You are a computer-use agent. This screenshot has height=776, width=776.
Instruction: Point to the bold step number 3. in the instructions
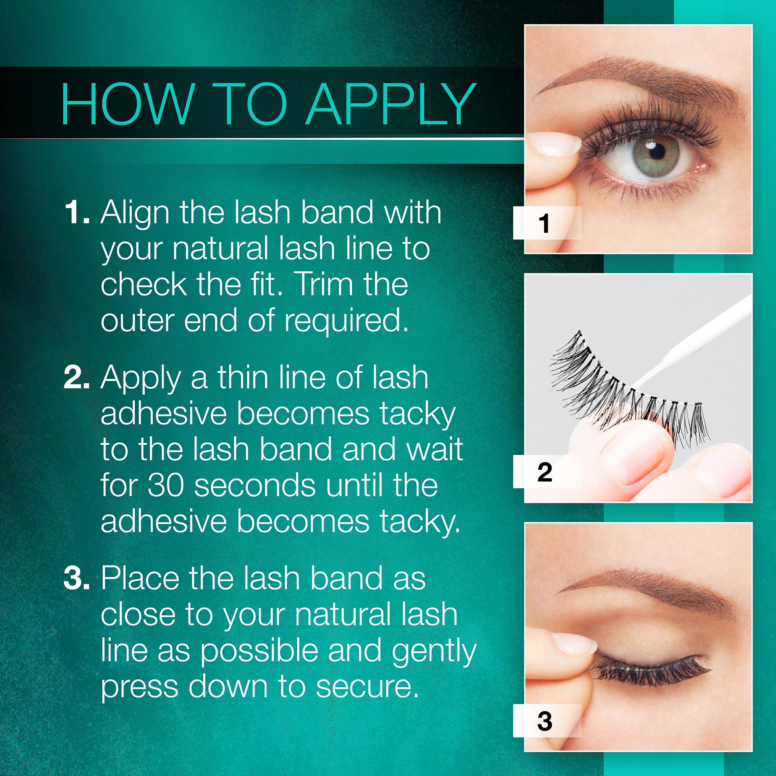click(76, 578)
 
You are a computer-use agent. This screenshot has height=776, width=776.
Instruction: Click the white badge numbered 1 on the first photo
click(547, 223)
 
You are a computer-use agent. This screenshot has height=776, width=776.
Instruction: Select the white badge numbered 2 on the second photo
click(547, 471)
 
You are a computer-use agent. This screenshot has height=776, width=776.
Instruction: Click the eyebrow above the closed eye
click(647, 584)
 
